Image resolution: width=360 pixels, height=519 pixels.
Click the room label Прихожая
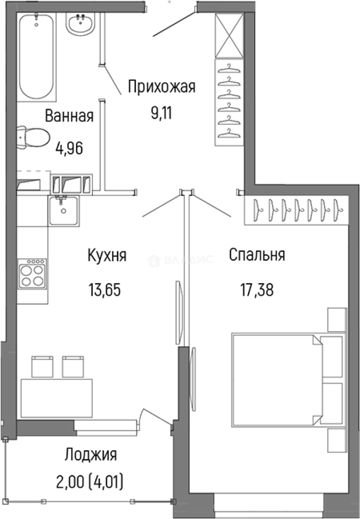coord(161,87)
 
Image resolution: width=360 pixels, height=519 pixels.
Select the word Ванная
coord(69,116)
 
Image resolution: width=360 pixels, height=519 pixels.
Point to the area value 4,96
coord(69,148)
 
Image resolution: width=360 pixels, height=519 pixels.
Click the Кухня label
coord(107,255)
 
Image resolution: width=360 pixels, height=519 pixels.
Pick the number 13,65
coord(104,289)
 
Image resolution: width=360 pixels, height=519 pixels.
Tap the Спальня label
coord(257,255)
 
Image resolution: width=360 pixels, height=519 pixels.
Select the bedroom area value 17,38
coord(257,289)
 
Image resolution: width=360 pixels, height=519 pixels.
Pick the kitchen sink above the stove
coord(62,210)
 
